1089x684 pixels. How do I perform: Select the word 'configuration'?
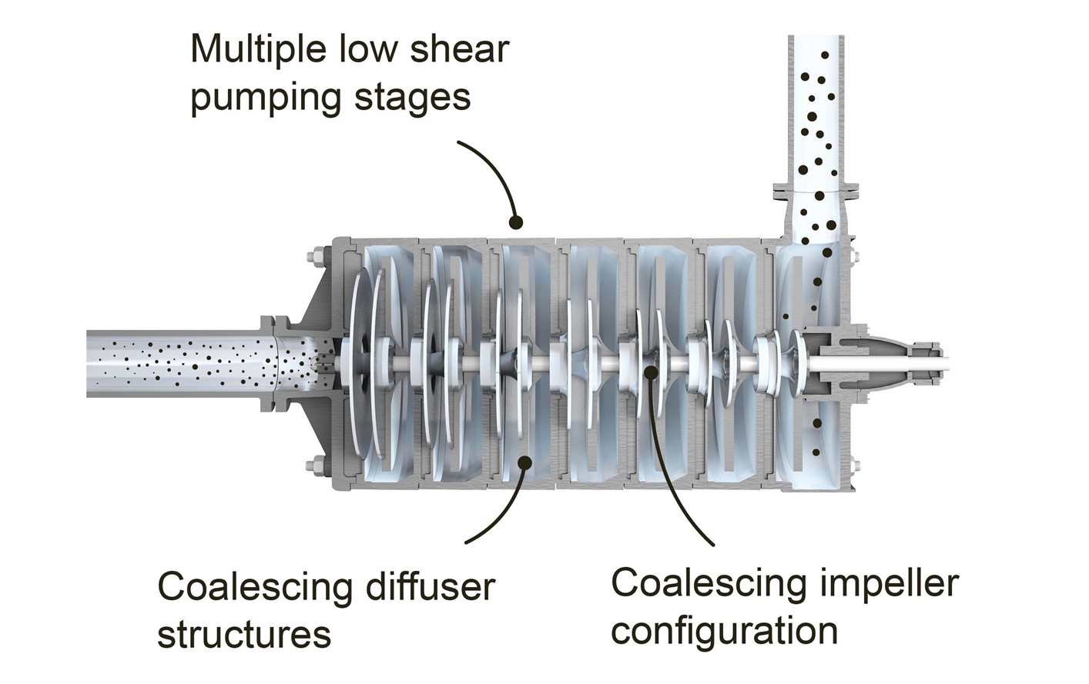point(724,632)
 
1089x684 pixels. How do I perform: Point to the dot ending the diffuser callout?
point(525,461)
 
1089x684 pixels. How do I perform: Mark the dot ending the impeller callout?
point(652,372)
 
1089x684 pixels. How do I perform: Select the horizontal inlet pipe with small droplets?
point(177,362)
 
